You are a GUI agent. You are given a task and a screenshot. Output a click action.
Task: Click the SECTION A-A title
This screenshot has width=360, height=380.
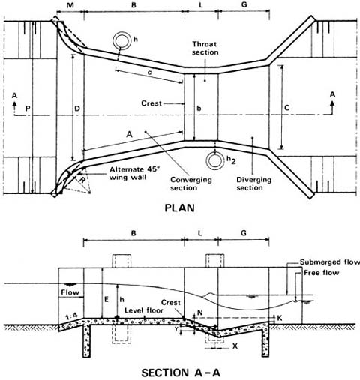tap(184, 370)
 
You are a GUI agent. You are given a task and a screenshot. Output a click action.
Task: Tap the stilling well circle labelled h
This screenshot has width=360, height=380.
tap(121, 41)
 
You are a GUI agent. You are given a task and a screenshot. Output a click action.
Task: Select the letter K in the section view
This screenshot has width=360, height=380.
tap(279, 319)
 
